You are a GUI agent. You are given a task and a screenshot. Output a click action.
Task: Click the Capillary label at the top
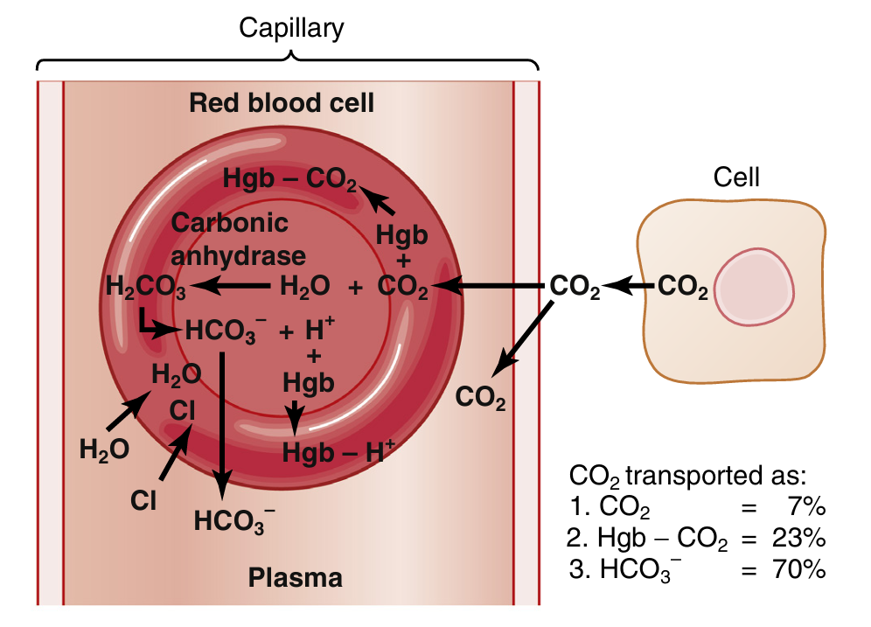point(291,28)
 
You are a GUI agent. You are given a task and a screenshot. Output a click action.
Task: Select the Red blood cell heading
point(282,104)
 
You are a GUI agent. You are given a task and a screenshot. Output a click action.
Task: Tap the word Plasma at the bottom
point(295,578)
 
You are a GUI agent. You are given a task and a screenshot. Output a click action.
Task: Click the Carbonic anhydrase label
point(238,240)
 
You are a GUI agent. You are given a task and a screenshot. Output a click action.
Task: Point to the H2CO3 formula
point(145,287)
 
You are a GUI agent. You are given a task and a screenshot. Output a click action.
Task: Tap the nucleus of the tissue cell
point(756,286)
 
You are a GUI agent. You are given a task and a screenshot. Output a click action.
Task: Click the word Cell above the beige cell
point(736,178)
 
